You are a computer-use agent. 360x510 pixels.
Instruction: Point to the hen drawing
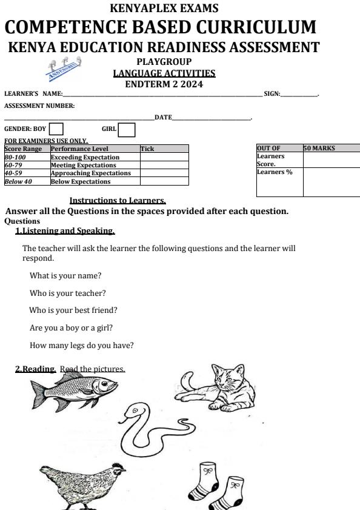point(82,481)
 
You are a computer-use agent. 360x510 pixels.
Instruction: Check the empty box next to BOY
point(56,129)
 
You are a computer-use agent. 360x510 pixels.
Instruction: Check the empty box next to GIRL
point(127,129)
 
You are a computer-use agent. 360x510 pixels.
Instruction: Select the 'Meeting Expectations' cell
point(84,165)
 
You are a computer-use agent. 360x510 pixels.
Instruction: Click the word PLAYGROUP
point(164,62)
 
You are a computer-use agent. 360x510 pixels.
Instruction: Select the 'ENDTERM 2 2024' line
point(164,84)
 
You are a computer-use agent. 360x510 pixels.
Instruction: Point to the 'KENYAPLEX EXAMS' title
point(164,8)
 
